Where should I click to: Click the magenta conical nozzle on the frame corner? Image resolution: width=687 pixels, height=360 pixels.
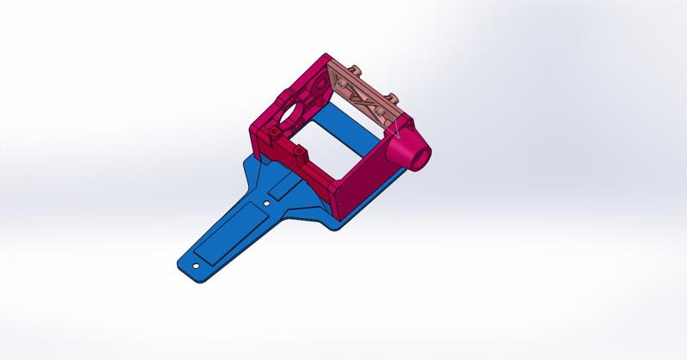tap(407, 150)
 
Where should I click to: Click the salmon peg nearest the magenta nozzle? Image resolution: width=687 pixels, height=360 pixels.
tap(396, 96)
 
